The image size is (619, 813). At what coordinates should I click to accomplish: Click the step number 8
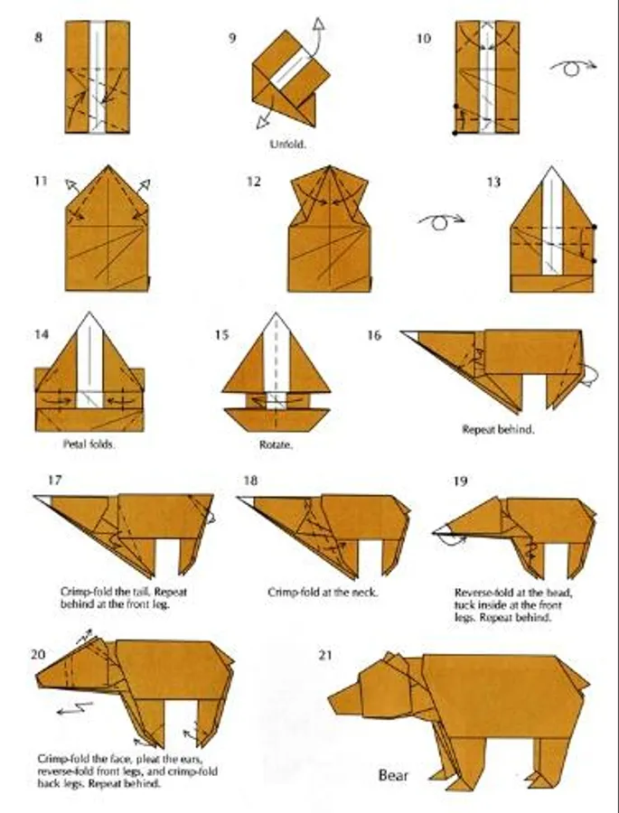[38, 37]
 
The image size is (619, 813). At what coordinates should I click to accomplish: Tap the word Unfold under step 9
[288, 145]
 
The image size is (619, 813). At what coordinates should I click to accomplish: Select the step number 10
[424, 38]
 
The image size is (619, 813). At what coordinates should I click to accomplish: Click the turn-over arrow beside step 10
[573, 67]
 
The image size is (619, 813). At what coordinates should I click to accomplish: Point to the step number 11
[41, 181]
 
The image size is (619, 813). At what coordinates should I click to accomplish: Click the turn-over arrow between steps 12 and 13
[441, 221]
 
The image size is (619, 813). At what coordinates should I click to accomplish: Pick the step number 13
[493, 182]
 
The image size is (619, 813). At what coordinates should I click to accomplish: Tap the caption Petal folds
[89, 444]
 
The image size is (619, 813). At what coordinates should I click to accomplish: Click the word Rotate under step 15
[276, 444]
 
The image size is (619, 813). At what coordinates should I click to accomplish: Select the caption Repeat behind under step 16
[498, 429]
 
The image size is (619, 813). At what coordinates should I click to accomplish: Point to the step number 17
[54, 481]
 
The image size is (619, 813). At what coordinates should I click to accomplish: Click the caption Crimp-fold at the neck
[323, 592]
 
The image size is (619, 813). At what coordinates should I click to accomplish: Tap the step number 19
[460, 481]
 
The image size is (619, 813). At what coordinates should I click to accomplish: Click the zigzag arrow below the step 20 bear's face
[75, 708]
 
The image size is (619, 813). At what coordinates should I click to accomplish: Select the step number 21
[324, 656]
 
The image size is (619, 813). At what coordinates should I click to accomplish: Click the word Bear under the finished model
[393, 776]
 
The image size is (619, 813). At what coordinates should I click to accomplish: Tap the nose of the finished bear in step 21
[332, 700]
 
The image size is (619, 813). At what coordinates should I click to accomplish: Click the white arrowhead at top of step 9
[318, 23]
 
